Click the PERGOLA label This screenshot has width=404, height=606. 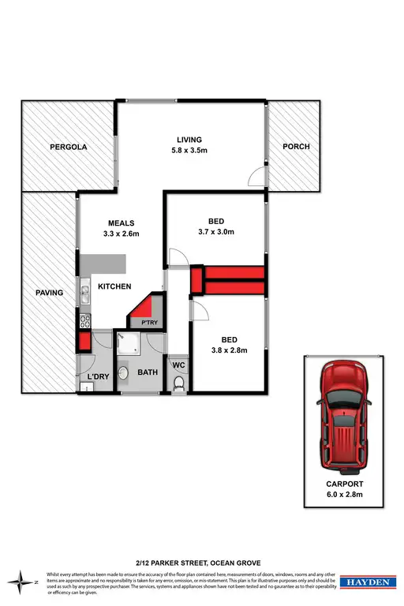68,147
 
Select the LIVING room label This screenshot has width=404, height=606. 189,140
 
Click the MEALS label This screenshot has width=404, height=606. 121,223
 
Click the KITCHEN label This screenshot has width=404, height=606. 114,286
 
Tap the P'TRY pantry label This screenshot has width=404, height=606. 150,322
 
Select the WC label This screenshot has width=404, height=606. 178,365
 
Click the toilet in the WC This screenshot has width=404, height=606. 178,384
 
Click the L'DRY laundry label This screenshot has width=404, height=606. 98,387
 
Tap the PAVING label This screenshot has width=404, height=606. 49,294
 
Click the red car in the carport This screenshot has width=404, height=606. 343,415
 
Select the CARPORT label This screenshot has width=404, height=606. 343,485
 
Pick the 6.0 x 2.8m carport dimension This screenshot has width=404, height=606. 343,496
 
